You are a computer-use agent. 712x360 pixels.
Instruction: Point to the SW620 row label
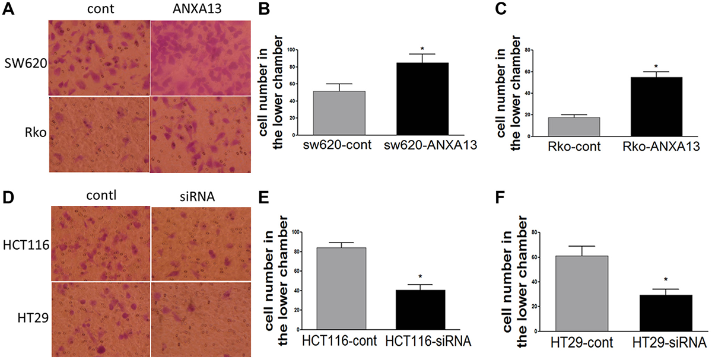[x=20, y=62]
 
